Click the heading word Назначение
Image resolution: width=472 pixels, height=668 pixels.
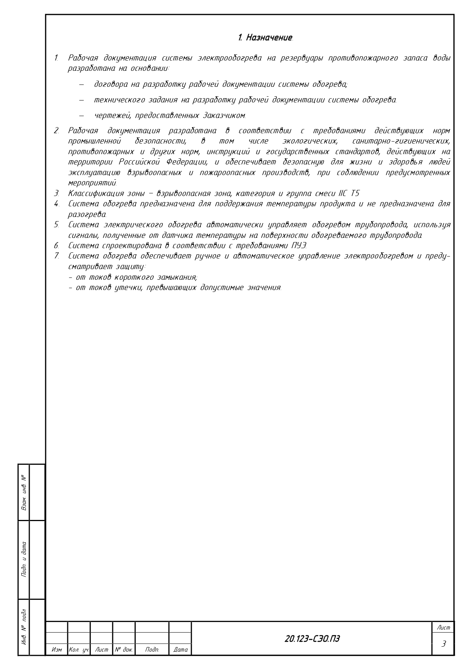269,38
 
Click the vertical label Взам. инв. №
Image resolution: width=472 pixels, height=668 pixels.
24,493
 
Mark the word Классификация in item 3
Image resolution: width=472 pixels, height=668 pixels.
95,193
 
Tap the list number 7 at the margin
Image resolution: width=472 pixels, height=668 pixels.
56,256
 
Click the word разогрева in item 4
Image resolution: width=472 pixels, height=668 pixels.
87,214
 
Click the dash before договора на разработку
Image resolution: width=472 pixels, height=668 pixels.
81,84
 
